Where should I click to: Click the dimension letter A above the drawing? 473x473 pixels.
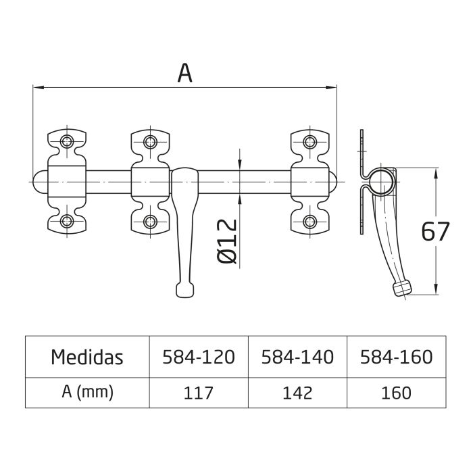click(184, 72)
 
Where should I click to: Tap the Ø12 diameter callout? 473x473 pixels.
click(228, 241)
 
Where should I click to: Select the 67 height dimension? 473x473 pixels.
click(435, 232)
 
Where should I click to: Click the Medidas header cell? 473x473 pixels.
click(87, 357)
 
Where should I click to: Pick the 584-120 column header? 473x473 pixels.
click(199, 357)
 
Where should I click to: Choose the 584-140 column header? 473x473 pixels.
click(297, 357)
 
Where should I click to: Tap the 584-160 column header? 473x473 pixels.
click(395, 357)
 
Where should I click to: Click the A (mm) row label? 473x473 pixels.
click(87, 393)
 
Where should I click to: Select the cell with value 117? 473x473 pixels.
click(199, 393)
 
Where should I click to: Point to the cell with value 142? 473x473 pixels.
click(297, 393)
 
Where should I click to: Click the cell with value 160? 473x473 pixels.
click(395, 393)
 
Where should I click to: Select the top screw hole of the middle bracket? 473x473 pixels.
click(149, 141)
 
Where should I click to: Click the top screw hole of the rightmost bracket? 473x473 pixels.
click(309, 141)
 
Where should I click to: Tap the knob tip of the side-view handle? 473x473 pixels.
click(401, 287)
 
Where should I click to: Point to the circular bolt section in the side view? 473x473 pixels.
click(382, 181)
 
